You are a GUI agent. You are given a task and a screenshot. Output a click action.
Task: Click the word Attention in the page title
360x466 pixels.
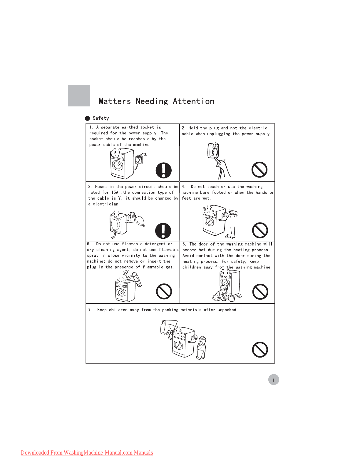coord(193,101)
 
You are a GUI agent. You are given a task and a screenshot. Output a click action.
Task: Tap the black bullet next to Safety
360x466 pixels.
coord(88,118)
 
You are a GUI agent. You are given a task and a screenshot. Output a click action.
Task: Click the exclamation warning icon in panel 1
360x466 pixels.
coord(163,170)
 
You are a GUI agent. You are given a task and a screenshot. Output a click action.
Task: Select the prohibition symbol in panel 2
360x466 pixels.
coord(259,170)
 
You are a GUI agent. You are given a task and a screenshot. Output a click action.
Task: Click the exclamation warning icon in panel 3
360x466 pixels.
coord(163,231)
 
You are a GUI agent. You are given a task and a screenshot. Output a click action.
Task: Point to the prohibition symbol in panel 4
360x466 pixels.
coord(260,230)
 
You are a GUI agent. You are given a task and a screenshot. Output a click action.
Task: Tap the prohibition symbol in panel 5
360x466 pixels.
coord(164,291)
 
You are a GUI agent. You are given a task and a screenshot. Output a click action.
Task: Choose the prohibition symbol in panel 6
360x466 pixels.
coord(260,292)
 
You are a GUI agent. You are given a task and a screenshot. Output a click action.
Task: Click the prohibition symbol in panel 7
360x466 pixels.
coord(260,350)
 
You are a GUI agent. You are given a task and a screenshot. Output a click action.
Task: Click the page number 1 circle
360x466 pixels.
coord(274,380)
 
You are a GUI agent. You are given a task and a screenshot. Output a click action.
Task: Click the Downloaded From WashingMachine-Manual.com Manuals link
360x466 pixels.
coord(87,452)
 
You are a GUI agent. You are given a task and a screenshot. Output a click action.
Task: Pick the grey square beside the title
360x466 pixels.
coord(79,96)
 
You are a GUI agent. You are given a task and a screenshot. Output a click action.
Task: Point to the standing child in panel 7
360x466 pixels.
coord(201,348)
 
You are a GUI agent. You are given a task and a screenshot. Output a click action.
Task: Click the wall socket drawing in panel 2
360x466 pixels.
coord(213,150)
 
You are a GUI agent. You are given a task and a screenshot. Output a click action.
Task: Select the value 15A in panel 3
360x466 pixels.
coord(115,192)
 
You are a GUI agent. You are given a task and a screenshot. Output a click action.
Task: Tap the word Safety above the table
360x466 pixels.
coord(101,118)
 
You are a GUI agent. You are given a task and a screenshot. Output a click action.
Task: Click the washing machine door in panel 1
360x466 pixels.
coord(118,165)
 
